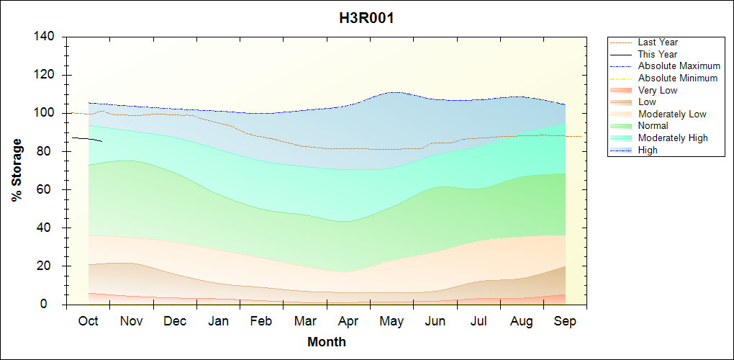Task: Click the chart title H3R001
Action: pos(366,18)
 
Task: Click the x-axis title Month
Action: pos(326,342)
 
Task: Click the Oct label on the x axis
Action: pos(89,321)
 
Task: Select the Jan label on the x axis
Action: pos(218,321)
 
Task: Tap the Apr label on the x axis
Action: pos(348,321)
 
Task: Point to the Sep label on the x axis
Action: pos(565,321)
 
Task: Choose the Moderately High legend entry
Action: pos(673,138)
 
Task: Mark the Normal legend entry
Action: pos(653,126)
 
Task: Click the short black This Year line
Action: pos(86,138)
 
